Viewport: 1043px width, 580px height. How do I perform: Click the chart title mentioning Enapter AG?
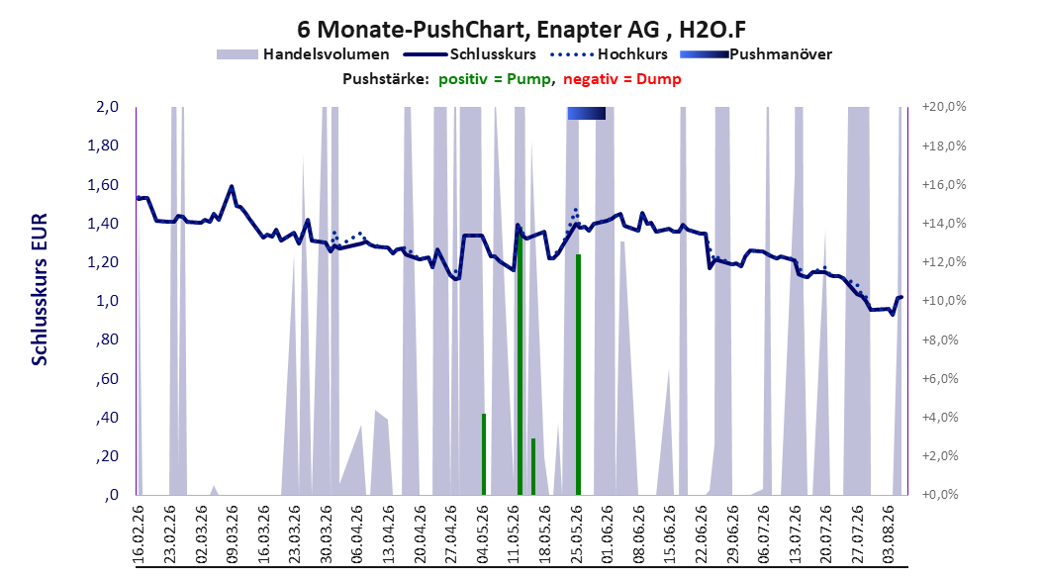521,30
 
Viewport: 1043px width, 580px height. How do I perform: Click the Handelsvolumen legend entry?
304,54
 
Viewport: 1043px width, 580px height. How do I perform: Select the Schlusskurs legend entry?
470,54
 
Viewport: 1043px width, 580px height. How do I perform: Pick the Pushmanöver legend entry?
756,54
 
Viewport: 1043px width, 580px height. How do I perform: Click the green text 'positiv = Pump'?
495,79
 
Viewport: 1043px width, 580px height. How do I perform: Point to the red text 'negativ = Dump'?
622,79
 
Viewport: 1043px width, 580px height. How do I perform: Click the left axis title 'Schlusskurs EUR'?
40,289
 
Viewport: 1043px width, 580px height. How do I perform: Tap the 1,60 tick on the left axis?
103,184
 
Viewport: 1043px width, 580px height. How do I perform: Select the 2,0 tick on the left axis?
107,107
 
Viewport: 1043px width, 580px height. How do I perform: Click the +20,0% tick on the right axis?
944,107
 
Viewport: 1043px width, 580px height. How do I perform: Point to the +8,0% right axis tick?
940,339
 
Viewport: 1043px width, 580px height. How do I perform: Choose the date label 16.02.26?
139,534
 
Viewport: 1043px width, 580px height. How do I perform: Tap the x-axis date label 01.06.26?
608,534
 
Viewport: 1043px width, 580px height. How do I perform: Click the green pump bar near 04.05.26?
484,454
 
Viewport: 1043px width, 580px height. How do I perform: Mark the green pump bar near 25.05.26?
578,374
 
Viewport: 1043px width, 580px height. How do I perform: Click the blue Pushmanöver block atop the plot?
587,113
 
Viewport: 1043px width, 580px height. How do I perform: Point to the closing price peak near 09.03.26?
232,186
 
